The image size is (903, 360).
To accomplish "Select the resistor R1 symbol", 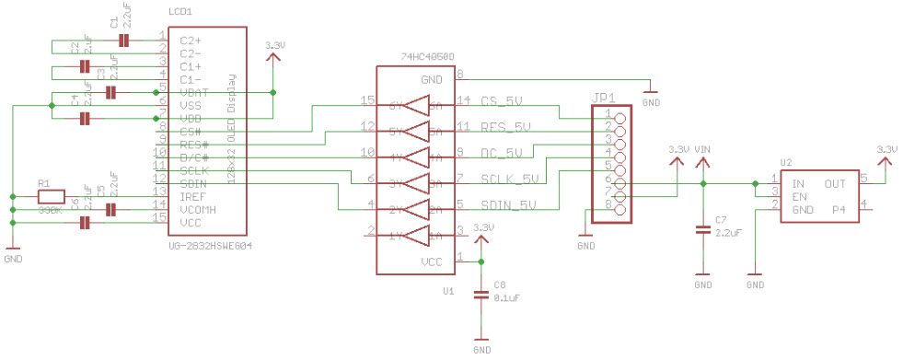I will click(x=51, y=196).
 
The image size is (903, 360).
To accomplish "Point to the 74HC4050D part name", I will click(x=426, y=57).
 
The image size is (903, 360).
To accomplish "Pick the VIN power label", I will click(x=702, y=149).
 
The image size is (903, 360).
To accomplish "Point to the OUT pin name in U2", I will click(x=835, y=184).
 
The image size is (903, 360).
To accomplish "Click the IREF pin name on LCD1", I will click(x=192, y=197).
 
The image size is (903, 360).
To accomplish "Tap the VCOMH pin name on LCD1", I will click(x=197, y=210).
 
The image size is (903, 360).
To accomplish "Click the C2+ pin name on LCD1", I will click(x=191, y=41).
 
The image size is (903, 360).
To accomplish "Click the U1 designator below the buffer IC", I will click(x=448, y=290).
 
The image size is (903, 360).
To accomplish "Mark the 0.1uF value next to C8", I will click(x=505, y=297).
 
